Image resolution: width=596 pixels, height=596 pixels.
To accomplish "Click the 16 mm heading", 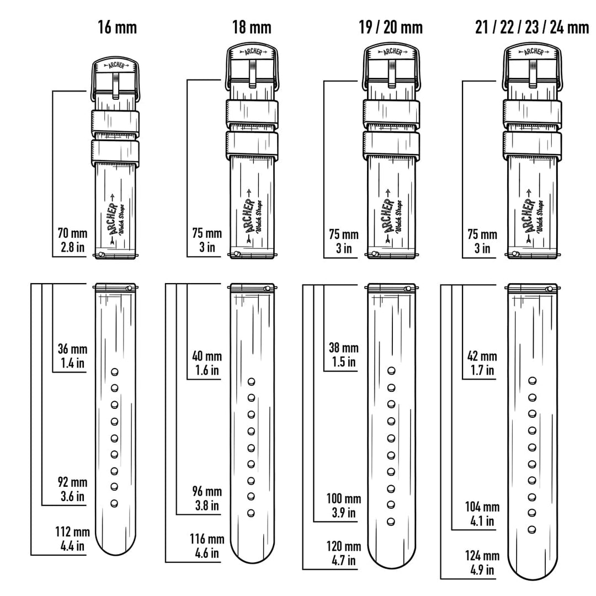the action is click(x=117, y=28).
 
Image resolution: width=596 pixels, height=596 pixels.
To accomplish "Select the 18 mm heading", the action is click(x=252, y=28).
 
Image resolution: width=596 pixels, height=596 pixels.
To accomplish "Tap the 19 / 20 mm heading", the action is click(x=391, y=28).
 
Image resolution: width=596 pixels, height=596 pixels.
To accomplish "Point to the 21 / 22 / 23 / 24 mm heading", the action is click(x=532, y=28).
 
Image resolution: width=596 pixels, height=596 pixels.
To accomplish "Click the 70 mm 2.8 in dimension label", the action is click(x=72, y=240).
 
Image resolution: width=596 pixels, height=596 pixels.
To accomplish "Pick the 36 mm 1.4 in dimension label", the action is click(x=72, y=356).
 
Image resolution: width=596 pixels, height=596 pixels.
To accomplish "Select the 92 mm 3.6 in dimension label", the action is click(x=72, y=489).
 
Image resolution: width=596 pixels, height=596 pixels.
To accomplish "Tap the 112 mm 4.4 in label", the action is click(x=72, y=539).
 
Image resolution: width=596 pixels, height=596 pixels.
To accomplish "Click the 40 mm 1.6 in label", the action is click(x=207, y=363).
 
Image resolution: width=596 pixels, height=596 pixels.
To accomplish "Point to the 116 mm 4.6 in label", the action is click(x=207, y=546).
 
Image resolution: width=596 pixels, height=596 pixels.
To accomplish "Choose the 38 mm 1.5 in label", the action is click(x=344, y=355).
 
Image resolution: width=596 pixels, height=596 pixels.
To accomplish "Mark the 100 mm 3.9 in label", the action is click(x=344, y=505).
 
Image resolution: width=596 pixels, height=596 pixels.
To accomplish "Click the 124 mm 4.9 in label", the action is click(x=482, y=562).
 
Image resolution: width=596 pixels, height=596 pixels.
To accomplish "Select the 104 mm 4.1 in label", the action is click(x=482, y=514).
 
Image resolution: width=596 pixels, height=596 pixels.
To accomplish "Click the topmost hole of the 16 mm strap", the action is click(x=114, y=371).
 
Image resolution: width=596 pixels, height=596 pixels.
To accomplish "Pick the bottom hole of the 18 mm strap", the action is click(x=251, y=513).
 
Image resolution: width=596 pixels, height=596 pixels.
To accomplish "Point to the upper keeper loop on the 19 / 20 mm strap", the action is click(x=391, y=115).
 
